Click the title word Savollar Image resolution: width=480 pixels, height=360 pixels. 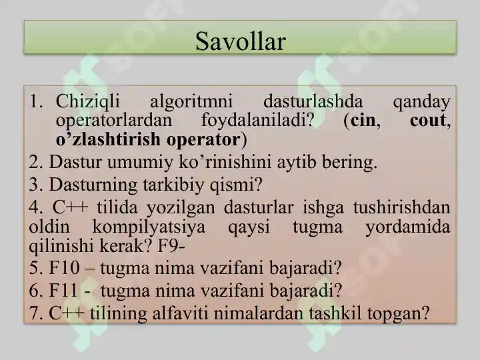[240, 41]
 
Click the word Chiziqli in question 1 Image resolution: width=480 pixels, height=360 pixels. [87, 101]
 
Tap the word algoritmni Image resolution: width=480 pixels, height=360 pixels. [191, 101]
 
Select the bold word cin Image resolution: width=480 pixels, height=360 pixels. [363, 120]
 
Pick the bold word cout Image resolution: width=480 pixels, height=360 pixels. [427, 120]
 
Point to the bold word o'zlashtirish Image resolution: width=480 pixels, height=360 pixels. [108, 139]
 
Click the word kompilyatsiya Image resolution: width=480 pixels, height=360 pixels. [149, 227]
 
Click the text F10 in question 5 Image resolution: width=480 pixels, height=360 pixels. [64, 267]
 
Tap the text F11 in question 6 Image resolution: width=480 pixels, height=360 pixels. [63, 290]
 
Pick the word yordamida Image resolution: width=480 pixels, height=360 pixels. [408, 227]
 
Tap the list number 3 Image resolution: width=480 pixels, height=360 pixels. [34, 185]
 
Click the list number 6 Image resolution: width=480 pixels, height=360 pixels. [34, 290]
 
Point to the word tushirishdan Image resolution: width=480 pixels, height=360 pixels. [401, 207]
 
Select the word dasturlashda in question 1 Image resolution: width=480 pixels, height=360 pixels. [313, 101]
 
